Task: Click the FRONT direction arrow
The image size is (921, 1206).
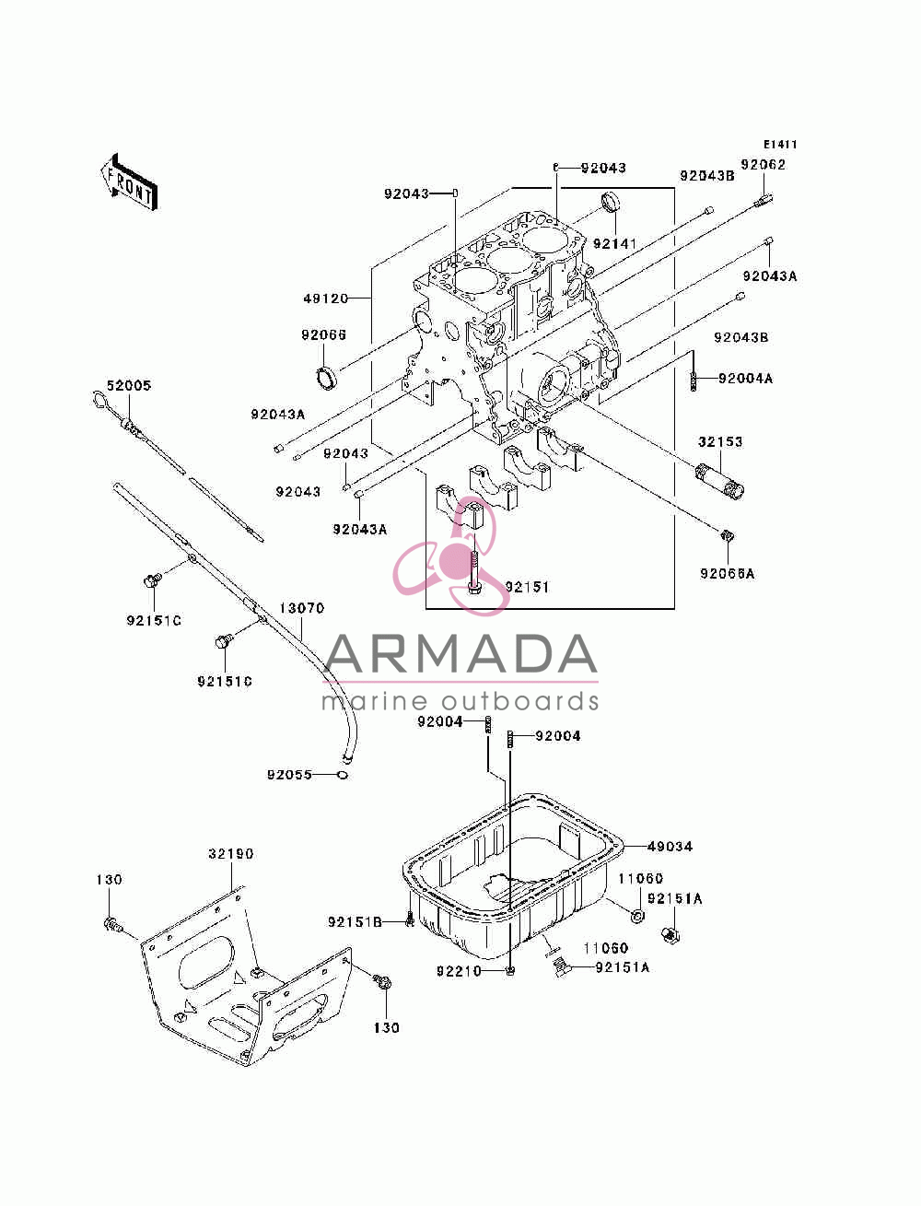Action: [x=129, y=182]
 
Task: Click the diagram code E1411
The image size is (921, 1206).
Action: [x=779, y=145]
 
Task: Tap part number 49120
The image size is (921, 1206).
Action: [x=326, y=299]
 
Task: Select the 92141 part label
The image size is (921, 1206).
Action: [x=614, y=243]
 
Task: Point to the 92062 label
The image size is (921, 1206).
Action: [x=763, y=164]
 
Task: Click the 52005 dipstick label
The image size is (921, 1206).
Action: [x=129, y=385]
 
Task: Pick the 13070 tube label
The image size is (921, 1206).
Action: [x=301, y=608]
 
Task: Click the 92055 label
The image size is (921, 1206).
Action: [x=289, y=775]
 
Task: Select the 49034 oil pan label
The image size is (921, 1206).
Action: [x=670, y=847]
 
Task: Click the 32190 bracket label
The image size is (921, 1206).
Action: [x=230, y=854]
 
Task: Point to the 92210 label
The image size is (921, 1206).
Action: [x=459, y=971]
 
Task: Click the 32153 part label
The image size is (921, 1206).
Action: [x=720, y=441]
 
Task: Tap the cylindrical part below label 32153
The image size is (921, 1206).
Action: [x=719, y=482]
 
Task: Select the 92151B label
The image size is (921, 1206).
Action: [x=355, y=922]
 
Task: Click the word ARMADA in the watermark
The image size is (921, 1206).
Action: [x=460, y=654]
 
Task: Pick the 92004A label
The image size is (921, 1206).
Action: [x=745, y=378]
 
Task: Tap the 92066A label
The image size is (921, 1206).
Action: [x=727, y=574]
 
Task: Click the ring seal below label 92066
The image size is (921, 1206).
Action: [x=327, y=378]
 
